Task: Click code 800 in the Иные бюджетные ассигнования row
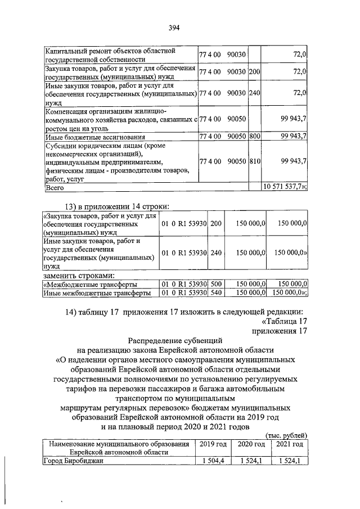[254, 137]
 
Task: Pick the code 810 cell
[254, 161]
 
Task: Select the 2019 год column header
[214, 444]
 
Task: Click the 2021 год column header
[289, 444]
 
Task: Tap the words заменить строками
[79, 276]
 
